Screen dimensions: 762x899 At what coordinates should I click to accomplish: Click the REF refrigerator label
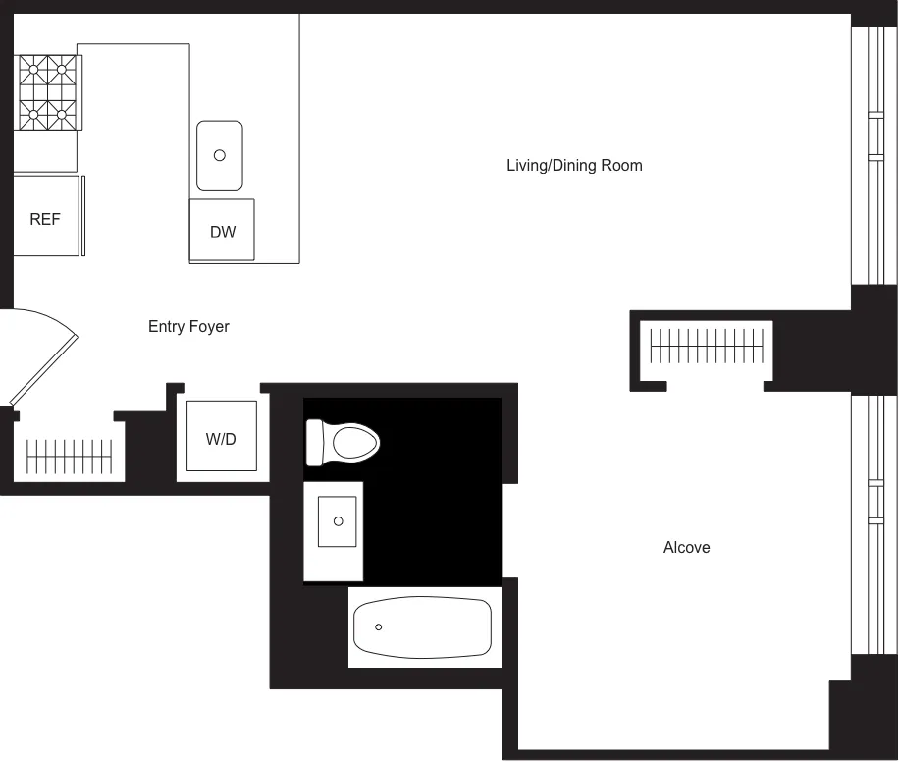click(x=45, y=219)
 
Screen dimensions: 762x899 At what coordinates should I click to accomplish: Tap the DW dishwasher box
click(x=223, y=232)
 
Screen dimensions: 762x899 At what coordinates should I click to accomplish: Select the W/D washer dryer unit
click(x=221, y=438)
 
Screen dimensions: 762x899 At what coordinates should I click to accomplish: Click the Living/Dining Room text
click(x=574, y=165)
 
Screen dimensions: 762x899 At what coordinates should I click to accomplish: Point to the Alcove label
click(x=686, y=547)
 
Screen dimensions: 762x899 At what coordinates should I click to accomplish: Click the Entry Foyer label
click(x=188, y=326)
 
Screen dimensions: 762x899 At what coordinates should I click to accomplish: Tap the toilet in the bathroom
click(x=343, y=442)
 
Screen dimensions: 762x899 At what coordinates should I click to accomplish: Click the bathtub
click(x=422, y=627)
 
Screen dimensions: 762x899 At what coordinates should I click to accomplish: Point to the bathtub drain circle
click(x=379, y=626)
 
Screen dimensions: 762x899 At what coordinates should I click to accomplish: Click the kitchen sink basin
click(x=220, y=155)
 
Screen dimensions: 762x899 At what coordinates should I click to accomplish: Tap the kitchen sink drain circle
click(x=220, y=155)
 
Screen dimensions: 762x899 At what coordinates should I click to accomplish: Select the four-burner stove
click(x=48, y=91)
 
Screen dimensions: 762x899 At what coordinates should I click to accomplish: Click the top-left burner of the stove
click(x=34, y=69)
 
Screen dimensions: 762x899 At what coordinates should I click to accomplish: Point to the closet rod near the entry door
click(x=69, y=456)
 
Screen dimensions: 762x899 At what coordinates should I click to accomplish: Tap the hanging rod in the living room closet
click(x=707, y=346)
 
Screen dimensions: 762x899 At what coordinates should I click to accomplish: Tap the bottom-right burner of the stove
click(x=63, y=115)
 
